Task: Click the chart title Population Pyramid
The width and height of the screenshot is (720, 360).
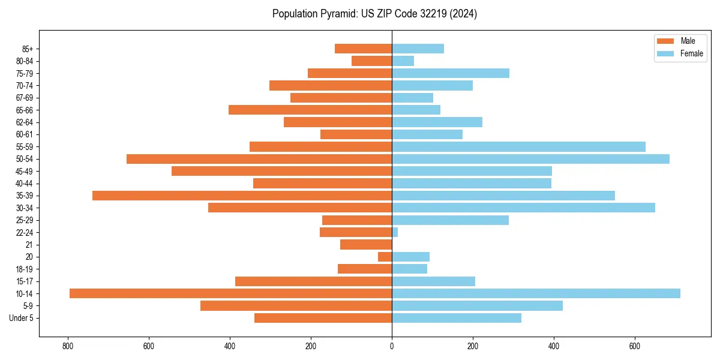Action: coord(374,14)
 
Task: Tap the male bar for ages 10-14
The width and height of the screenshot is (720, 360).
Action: coord(230,293)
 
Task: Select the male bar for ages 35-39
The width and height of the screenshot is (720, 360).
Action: coord(242,196)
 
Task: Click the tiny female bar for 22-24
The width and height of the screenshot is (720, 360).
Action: coord(395,232)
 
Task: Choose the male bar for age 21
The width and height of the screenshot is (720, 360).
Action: coord(366,245)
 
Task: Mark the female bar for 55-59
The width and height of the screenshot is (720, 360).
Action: coord(518,147)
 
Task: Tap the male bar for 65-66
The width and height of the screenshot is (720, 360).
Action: coord(310,110)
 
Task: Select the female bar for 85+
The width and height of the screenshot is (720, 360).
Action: coord(418,49)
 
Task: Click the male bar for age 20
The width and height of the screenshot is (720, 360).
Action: coord(385,257)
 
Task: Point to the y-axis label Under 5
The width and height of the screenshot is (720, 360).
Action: coord(21,318)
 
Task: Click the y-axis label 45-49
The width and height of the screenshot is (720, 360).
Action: coord(25,172)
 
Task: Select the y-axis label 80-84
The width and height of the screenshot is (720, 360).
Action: coord(25,61)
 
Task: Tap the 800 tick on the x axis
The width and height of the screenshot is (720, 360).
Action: coord(68,346)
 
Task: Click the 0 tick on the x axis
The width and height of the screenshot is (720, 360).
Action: coord(392,346)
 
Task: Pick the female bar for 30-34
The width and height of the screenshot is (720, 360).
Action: coord(523,208)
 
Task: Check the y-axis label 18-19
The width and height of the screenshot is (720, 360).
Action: coord(25,269)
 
